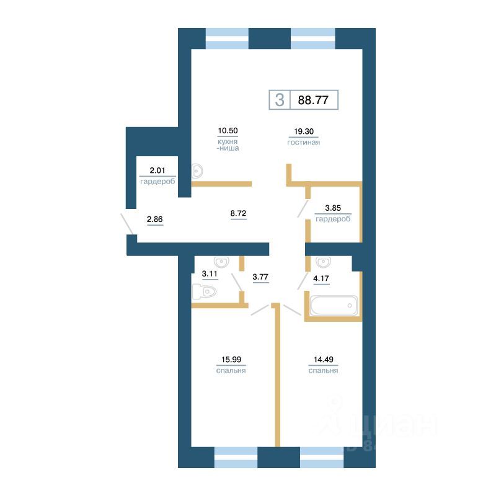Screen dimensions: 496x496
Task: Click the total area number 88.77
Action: (313, 100)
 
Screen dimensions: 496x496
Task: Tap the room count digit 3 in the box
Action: (280, 100)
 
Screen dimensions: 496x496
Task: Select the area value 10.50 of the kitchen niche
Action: (228, 131)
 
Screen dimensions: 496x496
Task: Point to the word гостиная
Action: (303, 143)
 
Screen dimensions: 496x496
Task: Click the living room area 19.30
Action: (303, 131)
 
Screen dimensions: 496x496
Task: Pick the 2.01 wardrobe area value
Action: (157, 170)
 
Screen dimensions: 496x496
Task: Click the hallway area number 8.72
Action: (239, 213)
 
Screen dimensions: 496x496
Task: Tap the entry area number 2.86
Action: (154, 219)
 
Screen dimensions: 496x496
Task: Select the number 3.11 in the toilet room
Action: (210, 273)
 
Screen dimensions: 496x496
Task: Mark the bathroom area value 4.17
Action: (321, 278)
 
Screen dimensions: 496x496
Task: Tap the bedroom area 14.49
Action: (322, 359)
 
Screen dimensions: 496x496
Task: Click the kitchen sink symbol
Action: (198, 170)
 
